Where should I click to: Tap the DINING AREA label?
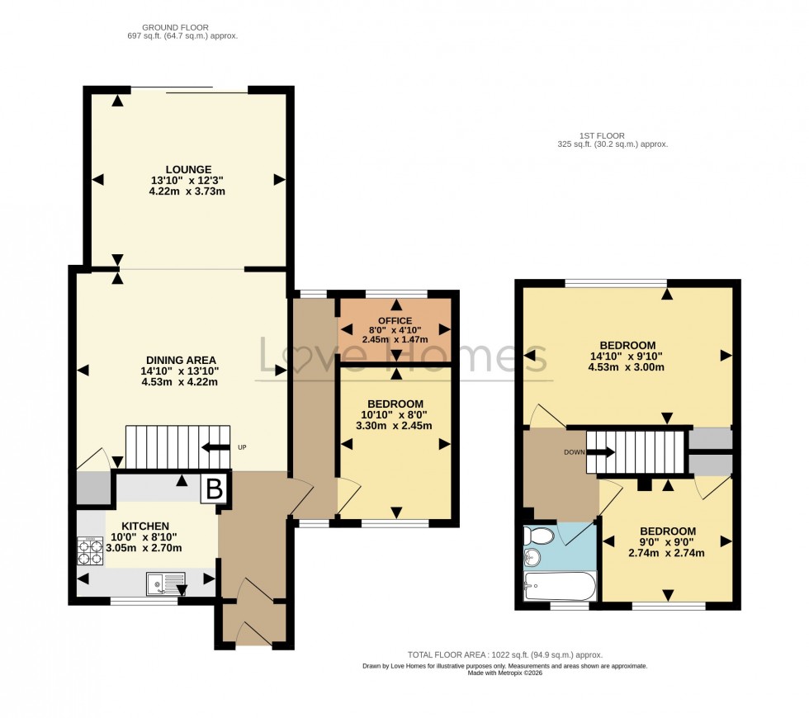tap(181, 360)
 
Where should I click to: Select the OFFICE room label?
tap(395, 320)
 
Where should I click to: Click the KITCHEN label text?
tap(145, 526)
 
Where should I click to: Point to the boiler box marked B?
tap(214, 489)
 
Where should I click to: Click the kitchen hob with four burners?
tap(89, 550)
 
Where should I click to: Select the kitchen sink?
tap(166, 583)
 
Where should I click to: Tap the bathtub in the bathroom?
tap(560, 588)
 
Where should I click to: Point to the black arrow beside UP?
tap(216, 447)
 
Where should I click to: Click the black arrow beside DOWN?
tap(600, 452)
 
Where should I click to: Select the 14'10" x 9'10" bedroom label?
tap(627, 345)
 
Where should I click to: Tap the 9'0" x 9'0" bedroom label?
tap(666, 531)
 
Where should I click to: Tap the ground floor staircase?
tap(177, 446)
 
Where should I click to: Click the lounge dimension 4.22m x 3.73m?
tap(187, 191)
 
